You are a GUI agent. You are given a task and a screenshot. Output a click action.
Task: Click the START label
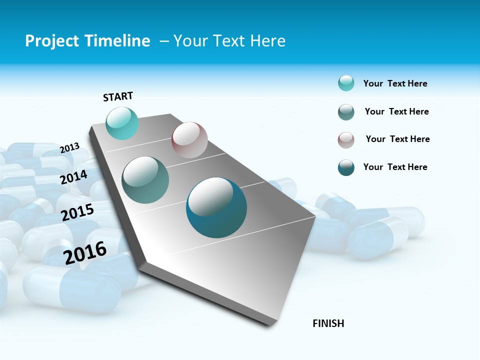(118, 96)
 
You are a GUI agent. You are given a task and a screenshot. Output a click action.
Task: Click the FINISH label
(328, 323)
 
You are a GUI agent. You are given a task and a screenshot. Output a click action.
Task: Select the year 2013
(70, 148)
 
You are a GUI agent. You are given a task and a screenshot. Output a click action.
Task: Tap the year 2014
(74, 177)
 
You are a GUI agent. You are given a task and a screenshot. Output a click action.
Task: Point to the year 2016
(85, 253)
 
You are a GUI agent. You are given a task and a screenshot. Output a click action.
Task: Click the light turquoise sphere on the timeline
(122, 123)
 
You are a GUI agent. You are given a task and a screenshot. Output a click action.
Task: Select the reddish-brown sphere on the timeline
(189, 140)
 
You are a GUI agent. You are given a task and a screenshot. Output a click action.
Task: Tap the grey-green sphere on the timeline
(145, 180)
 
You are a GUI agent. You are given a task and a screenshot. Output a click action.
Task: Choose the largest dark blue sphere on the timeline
(216, 207)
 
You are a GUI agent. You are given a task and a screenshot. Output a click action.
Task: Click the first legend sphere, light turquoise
(346, 83)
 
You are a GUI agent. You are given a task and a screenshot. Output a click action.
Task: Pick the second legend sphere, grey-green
(346, 112)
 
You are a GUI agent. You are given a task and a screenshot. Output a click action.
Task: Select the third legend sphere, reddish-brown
(346, 140)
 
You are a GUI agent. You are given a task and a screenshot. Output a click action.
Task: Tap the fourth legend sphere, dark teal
(346, 167)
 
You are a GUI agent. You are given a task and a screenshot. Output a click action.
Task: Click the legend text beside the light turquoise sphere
(395, 83)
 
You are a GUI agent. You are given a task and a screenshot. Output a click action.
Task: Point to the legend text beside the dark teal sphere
(395, 167)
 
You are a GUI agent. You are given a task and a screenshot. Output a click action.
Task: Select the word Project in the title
(50, 41)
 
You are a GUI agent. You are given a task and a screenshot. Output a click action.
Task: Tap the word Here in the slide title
(267, 41)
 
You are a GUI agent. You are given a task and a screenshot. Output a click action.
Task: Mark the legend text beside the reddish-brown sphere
(397, 139)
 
